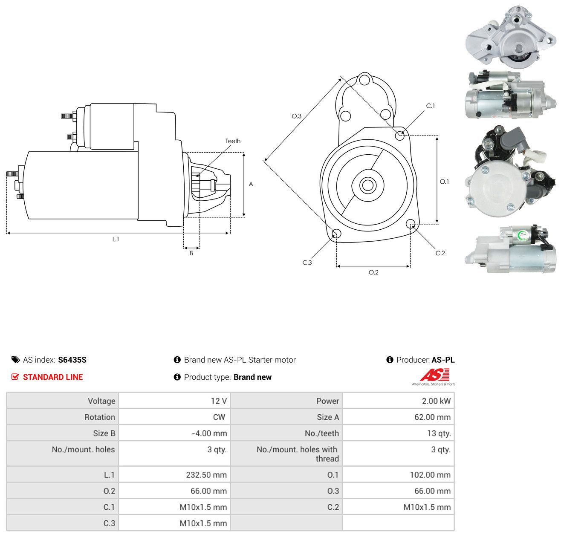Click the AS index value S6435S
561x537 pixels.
[x=72, y=360]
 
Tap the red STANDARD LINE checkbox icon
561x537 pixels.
[x=15, y=377]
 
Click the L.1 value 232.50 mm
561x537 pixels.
[x=206, y=474]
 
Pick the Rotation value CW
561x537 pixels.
[x=219, y=417]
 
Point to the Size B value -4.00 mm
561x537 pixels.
[x=209, y=433]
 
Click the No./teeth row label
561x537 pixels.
[x=322, y=433]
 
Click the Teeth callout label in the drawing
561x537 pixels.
[x=233, y=141]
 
